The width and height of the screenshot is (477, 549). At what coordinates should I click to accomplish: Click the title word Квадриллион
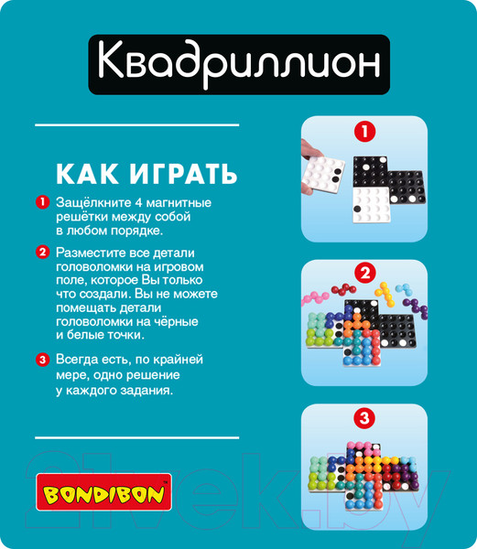237,64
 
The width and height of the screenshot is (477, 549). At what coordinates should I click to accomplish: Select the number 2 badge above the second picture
364,274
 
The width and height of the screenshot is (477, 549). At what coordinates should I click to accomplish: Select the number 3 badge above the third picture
364,420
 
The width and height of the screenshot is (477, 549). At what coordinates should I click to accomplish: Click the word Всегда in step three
79,359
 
